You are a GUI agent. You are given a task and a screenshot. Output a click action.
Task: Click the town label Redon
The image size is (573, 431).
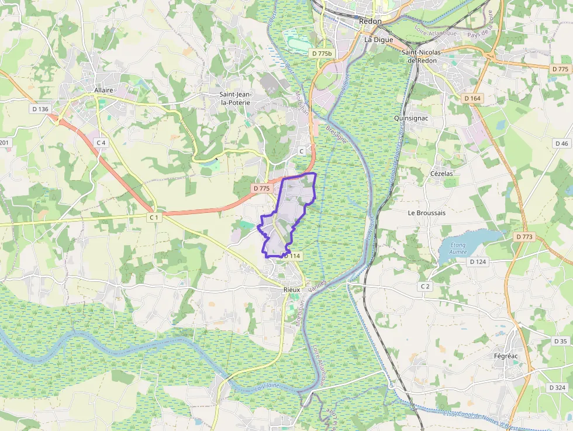point(370,21)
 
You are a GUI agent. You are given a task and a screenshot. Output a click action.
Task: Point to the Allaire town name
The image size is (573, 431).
point(103,90)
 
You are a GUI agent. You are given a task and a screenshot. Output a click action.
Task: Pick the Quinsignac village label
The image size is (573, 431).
point(412,118)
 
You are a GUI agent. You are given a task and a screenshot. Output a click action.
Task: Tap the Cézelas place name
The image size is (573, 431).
point(441,174)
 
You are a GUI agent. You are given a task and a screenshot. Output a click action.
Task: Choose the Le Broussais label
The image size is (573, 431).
point(427,213)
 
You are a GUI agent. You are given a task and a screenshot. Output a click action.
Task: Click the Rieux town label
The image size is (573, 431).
point(291,289)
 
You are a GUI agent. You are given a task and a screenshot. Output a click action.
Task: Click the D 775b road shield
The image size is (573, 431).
point(322,54)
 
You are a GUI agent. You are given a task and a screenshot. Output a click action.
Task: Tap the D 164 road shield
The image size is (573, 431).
point(472,98)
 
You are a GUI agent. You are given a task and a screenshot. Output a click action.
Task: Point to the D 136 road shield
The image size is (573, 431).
point(40,109)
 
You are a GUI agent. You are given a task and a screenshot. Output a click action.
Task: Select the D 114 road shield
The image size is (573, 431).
point(292,256)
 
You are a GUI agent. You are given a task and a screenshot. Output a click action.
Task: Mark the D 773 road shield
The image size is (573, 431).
point(525,237)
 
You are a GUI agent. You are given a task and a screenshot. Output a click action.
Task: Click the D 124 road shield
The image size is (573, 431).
point(478,261)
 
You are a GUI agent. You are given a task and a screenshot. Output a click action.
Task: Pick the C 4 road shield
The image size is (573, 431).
point(101,143)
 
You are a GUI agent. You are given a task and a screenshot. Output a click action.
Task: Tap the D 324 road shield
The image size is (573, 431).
point(557,388)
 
